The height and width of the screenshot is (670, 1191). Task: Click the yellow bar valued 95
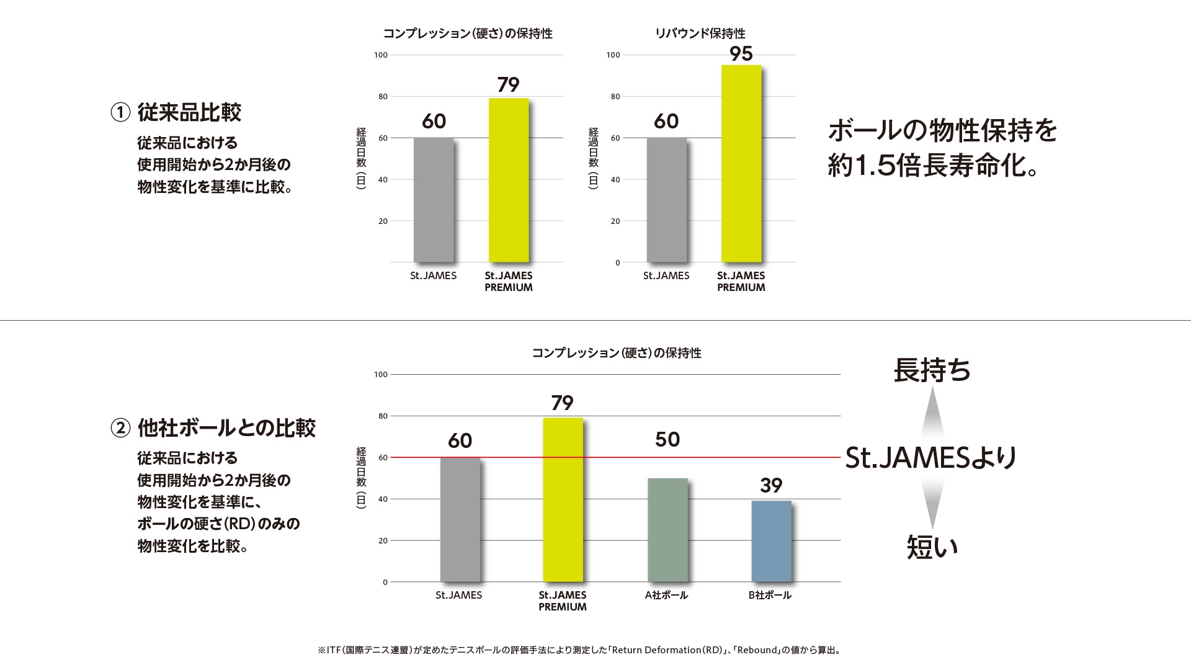[741, 164]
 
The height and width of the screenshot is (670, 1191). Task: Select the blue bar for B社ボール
[771, 541]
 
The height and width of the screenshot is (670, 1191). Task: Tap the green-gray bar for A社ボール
[667, 530]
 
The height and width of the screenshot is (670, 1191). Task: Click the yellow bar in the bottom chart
[563, 500]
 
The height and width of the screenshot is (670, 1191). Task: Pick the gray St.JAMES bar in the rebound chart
[666, 200]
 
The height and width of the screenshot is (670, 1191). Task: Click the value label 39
[771, 485]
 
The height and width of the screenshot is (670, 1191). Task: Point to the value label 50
[667, 440]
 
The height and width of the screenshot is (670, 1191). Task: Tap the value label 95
[741, 55]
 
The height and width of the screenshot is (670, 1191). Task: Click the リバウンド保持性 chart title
[700, 33]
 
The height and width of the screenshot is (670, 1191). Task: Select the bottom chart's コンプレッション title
[617, 353]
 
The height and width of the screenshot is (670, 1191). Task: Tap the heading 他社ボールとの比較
[226, 427]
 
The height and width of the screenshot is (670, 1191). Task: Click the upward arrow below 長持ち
[932, 413]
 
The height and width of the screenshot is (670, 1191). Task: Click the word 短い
[932, 547]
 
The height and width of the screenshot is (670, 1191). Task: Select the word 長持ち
[932, 370]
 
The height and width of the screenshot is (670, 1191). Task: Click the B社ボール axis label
[770, 595]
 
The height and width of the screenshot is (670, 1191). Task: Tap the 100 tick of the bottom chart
[381, 375]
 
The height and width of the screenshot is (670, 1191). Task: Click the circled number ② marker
[120, 428]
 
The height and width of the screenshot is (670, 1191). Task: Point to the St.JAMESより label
[931, 458]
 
